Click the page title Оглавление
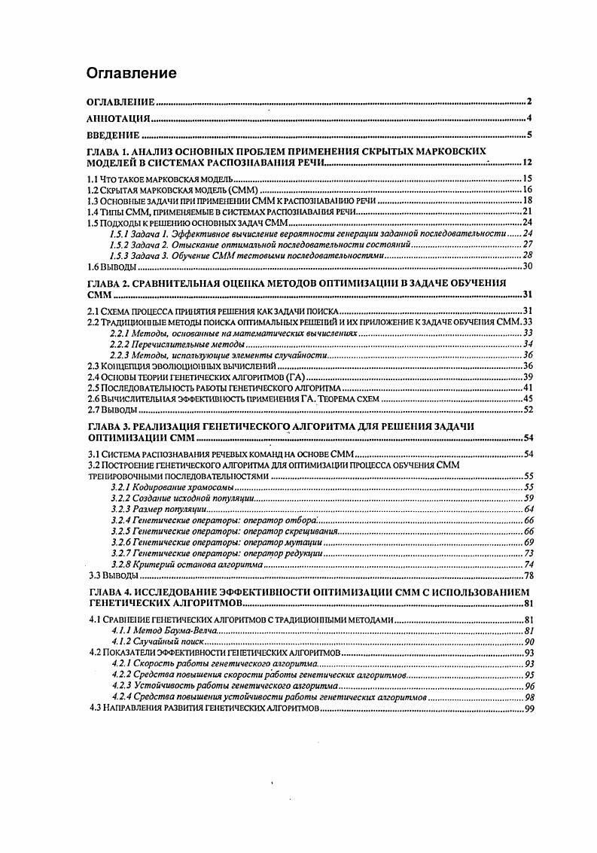click(x=132, y=73)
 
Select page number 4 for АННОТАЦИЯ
click(x=530, y=118)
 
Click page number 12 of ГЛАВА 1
click(x=527, y=163)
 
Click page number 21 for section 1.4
click(x=528, y=212)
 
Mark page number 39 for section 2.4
click(x=528, y=376)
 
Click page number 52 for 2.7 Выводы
click(x=528, y=410)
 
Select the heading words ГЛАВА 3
click(x=111, y=426)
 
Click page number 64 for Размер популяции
click(x=528, y=510)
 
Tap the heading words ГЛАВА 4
click(x=111, y=593)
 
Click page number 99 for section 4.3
click(x=528, y=709)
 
